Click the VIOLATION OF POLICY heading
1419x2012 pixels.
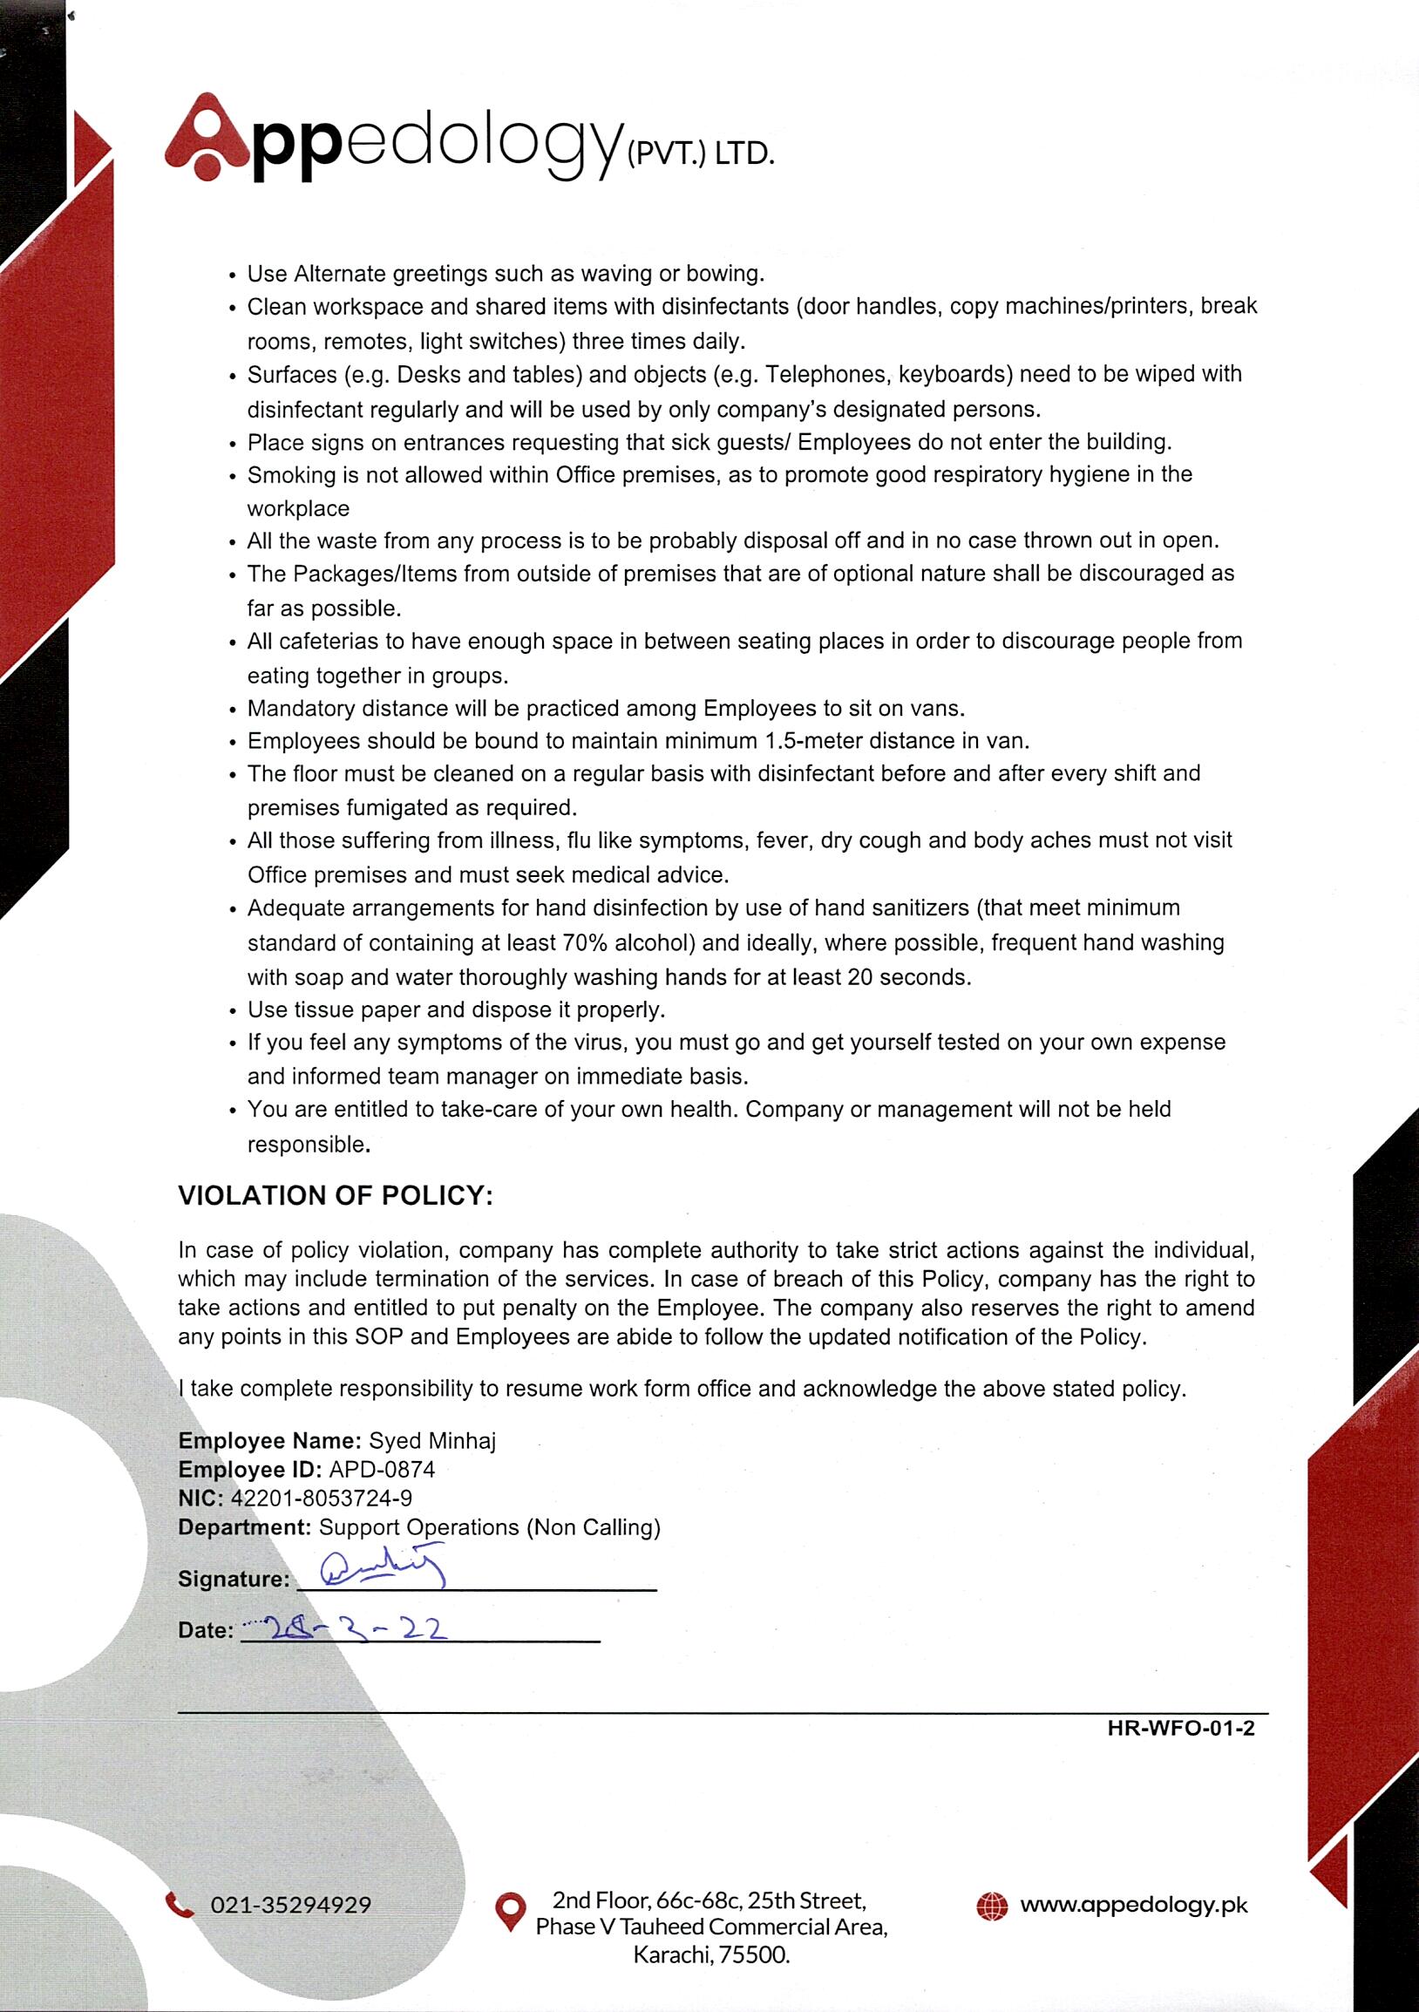[336, 1195]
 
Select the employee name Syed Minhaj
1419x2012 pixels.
[432, 1441]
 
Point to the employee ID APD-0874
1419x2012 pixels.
[382, 1470]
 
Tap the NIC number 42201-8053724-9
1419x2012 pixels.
[321, 1498]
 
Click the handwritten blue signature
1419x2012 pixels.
[384, 1569]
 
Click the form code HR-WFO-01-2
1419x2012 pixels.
[1181, 1728]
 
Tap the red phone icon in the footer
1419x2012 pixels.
[180, 1904]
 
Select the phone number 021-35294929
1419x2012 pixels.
[291, 1905]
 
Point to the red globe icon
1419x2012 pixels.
[992, 1906]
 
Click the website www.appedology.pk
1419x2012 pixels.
[1133, 1905]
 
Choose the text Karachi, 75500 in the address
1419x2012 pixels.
[711, 1955]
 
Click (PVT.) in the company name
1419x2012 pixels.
[665, 155]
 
